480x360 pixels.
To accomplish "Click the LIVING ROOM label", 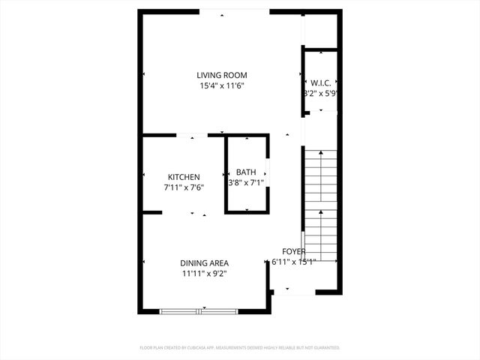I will coord(222,75).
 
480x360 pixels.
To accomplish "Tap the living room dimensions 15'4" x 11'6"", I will coord(222,86).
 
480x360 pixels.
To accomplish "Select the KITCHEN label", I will coord(184,177).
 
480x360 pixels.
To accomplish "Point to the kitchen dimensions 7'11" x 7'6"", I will coord(184,187).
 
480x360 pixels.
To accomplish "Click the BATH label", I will coord(246,172).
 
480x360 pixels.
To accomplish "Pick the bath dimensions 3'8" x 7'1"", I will coord(247,182).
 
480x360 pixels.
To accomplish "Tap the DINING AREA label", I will coord(204,263).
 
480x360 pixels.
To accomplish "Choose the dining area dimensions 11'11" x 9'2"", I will coord(204,274).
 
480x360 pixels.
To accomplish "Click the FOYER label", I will coord(293,251).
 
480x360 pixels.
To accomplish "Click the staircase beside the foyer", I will coord(320,202).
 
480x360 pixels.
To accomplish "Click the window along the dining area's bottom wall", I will coord(199,310).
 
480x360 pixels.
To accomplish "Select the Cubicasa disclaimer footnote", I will coord(240,348).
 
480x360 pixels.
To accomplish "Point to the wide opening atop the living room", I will coord(233,10).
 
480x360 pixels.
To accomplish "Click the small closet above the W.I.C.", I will coord(321,30).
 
